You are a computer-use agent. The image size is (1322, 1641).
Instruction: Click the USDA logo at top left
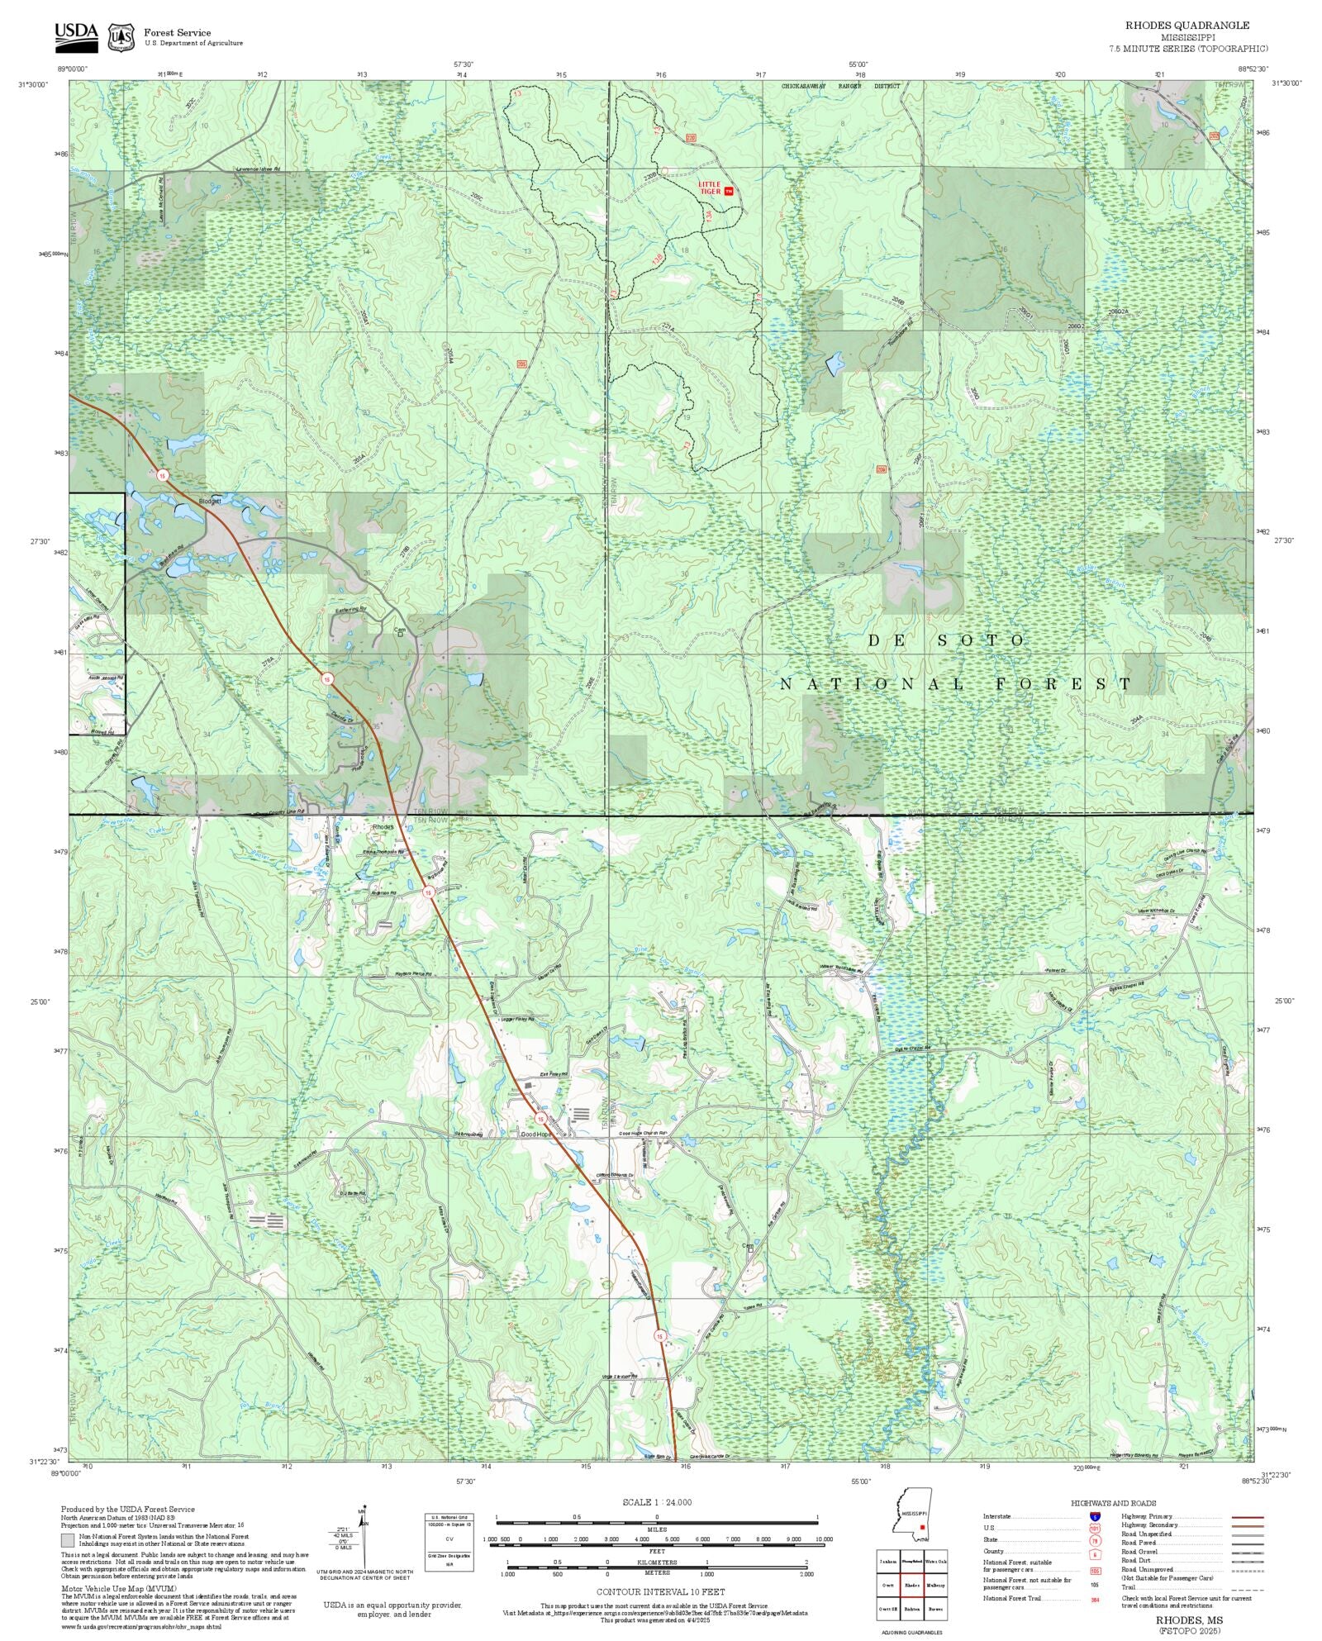(76, 36)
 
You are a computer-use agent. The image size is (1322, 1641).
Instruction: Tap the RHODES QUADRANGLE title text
(1186, 26)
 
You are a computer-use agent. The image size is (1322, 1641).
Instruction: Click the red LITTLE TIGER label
(710, 188)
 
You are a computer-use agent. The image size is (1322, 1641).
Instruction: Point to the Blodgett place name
(210, 501)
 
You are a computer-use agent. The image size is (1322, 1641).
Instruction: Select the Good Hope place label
(535, 1134)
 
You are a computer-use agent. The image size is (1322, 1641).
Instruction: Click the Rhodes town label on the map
(383, 826)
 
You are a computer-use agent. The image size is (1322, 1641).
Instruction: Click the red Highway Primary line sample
(1247, 1517)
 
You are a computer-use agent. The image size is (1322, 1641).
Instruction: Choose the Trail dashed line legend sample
(1247, 1586)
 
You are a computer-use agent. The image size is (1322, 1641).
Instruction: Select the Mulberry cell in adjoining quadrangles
(935, 1586)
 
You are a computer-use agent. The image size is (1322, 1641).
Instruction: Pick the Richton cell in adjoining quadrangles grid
(911, 1610)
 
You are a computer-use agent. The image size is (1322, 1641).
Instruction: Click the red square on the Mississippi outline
(922, 1527)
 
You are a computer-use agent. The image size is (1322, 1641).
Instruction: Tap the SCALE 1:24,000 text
(657, 1502)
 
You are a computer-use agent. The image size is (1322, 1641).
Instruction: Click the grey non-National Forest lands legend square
(68, 1540)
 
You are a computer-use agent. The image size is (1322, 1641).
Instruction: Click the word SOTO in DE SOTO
(982, 640)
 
